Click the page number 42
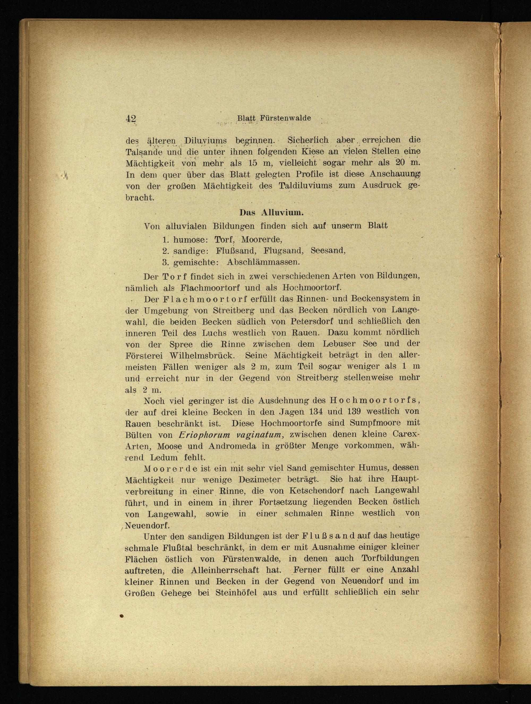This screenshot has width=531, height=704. [x=131, y=119]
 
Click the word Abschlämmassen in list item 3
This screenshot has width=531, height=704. [x=263, y=262]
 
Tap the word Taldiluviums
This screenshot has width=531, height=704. [x=305, y=185]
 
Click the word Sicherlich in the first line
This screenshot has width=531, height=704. [x=305, y=140]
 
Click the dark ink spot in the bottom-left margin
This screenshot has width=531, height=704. [x=121, y=616]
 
